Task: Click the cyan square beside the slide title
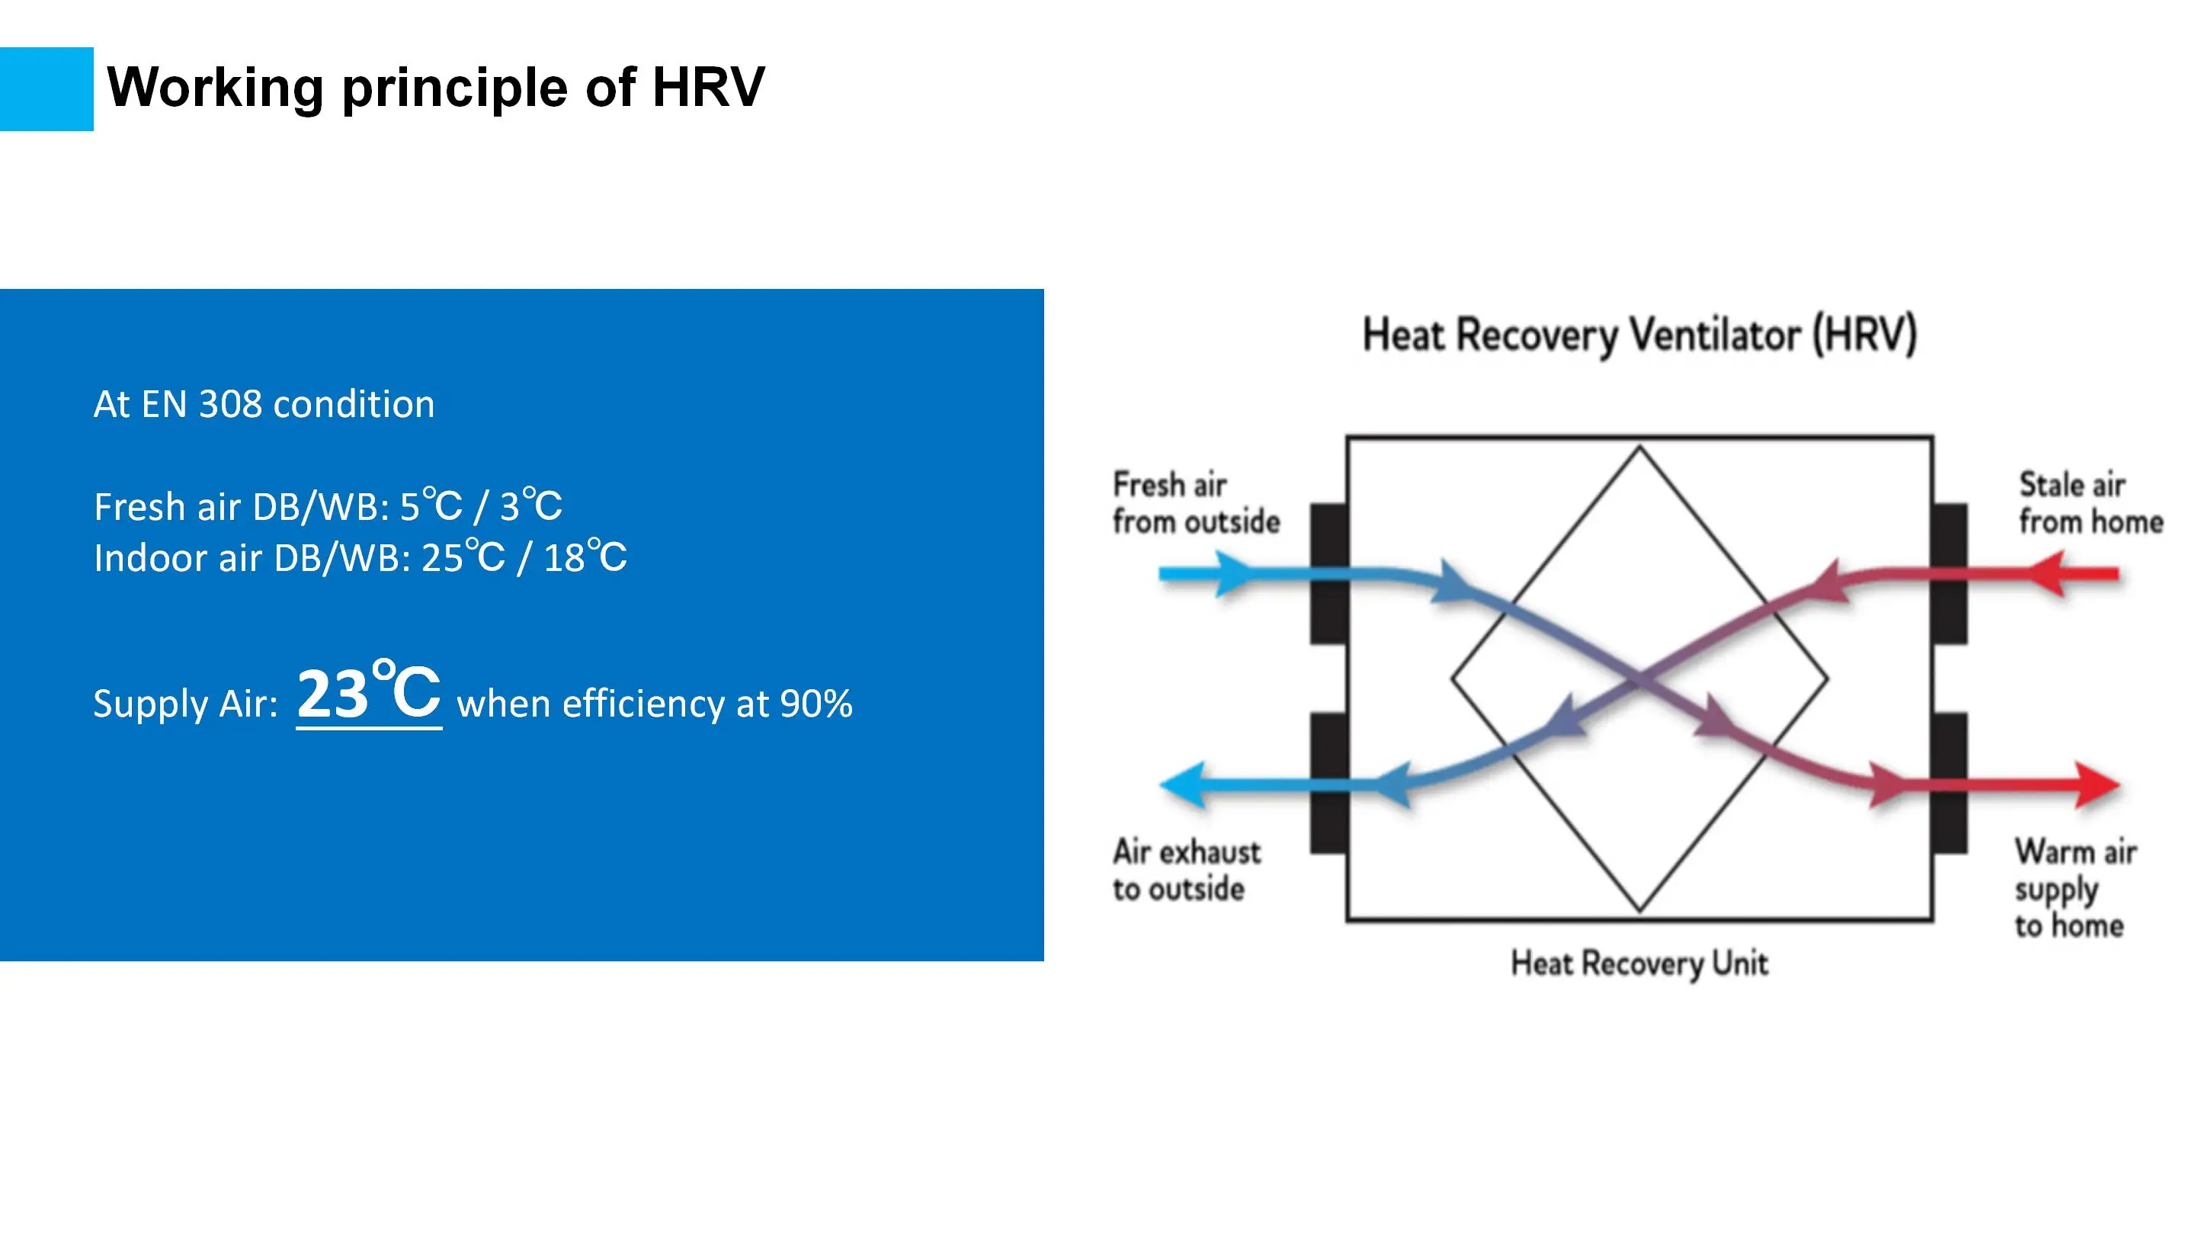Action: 46,88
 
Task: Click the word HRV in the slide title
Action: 708,87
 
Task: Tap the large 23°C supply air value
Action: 368,693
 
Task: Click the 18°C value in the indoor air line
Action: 585,557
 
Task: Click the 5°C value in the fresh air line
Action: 431,506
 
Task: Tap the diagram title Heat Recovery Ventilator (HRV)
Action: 1639,334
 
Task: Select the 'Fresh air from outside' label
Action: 1194,503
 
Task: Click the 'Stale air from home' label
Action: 2089,503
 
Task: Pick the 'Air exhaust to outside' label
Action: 1185,870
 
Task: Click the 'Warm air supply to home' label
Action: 2074,888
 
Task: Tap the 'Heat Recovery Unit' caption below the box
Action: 1639,964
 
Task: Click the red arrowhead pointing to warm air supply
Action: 2098,784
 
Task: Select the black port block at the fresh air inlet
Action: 1328,573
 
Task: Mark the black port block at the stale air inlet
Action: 1950,573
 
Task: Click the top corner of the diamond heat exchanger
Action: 1639,448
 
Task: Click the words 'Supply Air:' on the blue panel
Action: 186,704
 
